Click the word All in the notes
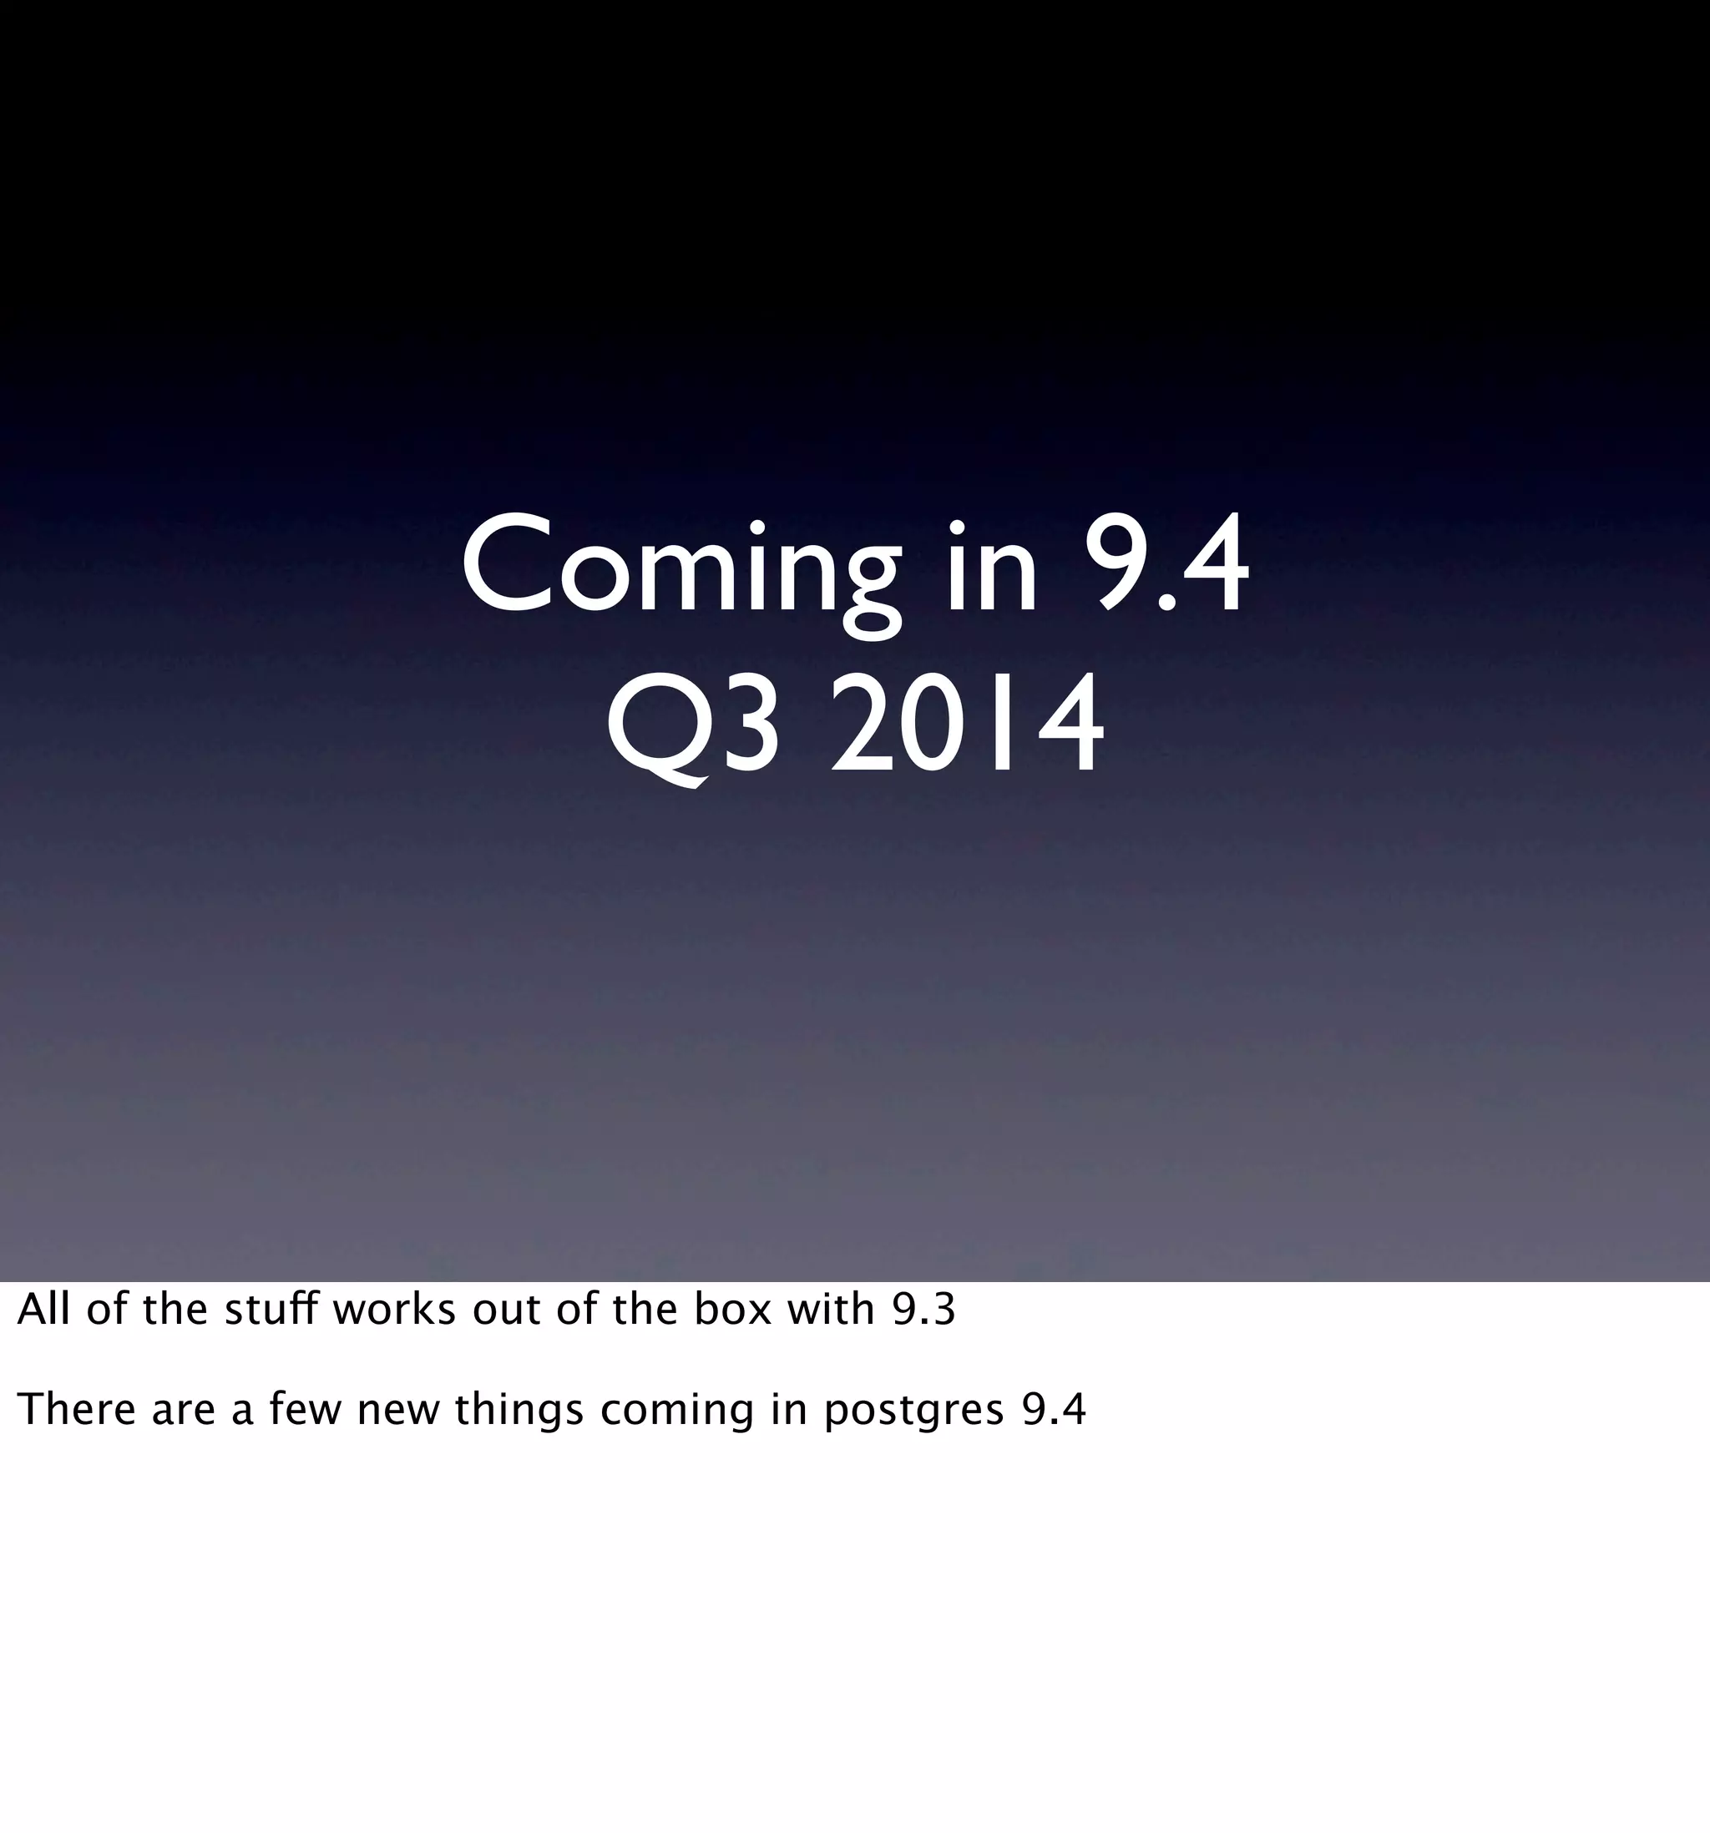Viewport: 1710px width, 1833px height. (x=43, y=1310)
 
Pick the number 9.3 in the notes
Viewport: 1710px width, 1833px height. (x=923, y=1310)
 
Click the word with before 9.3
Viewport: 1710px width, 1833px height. (x=830, y=1310)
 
